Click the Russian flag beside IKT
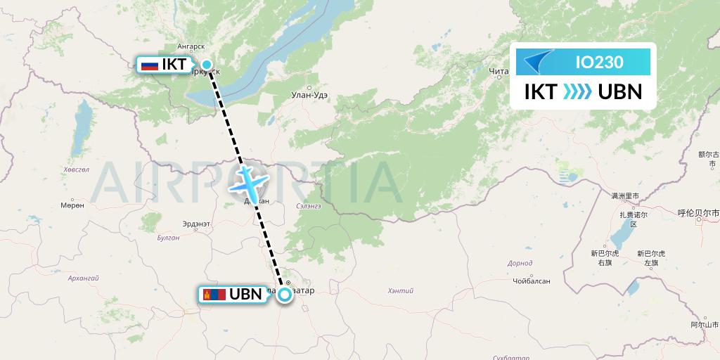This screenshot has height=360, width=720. [149, 65]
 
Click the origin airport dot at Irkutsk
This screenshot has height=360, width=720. [207, 65]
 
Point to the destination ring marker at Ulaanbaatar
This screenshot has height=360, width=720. [284, 295]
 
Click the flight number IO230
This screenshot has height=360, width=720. [599, 62]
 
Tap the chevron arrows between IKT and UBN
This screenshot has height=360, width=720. [578, 92]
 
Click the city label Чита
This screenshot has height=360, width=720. [498, 71]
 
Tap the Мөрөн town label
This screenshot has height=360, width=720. [72, 205]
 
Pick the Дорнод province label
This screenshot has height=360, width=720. [520, 264]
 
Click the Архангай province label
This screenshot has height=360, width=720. [84, 278]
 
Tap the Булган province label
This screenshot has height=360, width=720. [167, 238]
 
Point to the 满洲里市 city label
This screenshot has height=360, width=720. [624, 195]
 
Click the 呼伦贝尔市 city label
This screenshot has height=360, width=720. [697, 212]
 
